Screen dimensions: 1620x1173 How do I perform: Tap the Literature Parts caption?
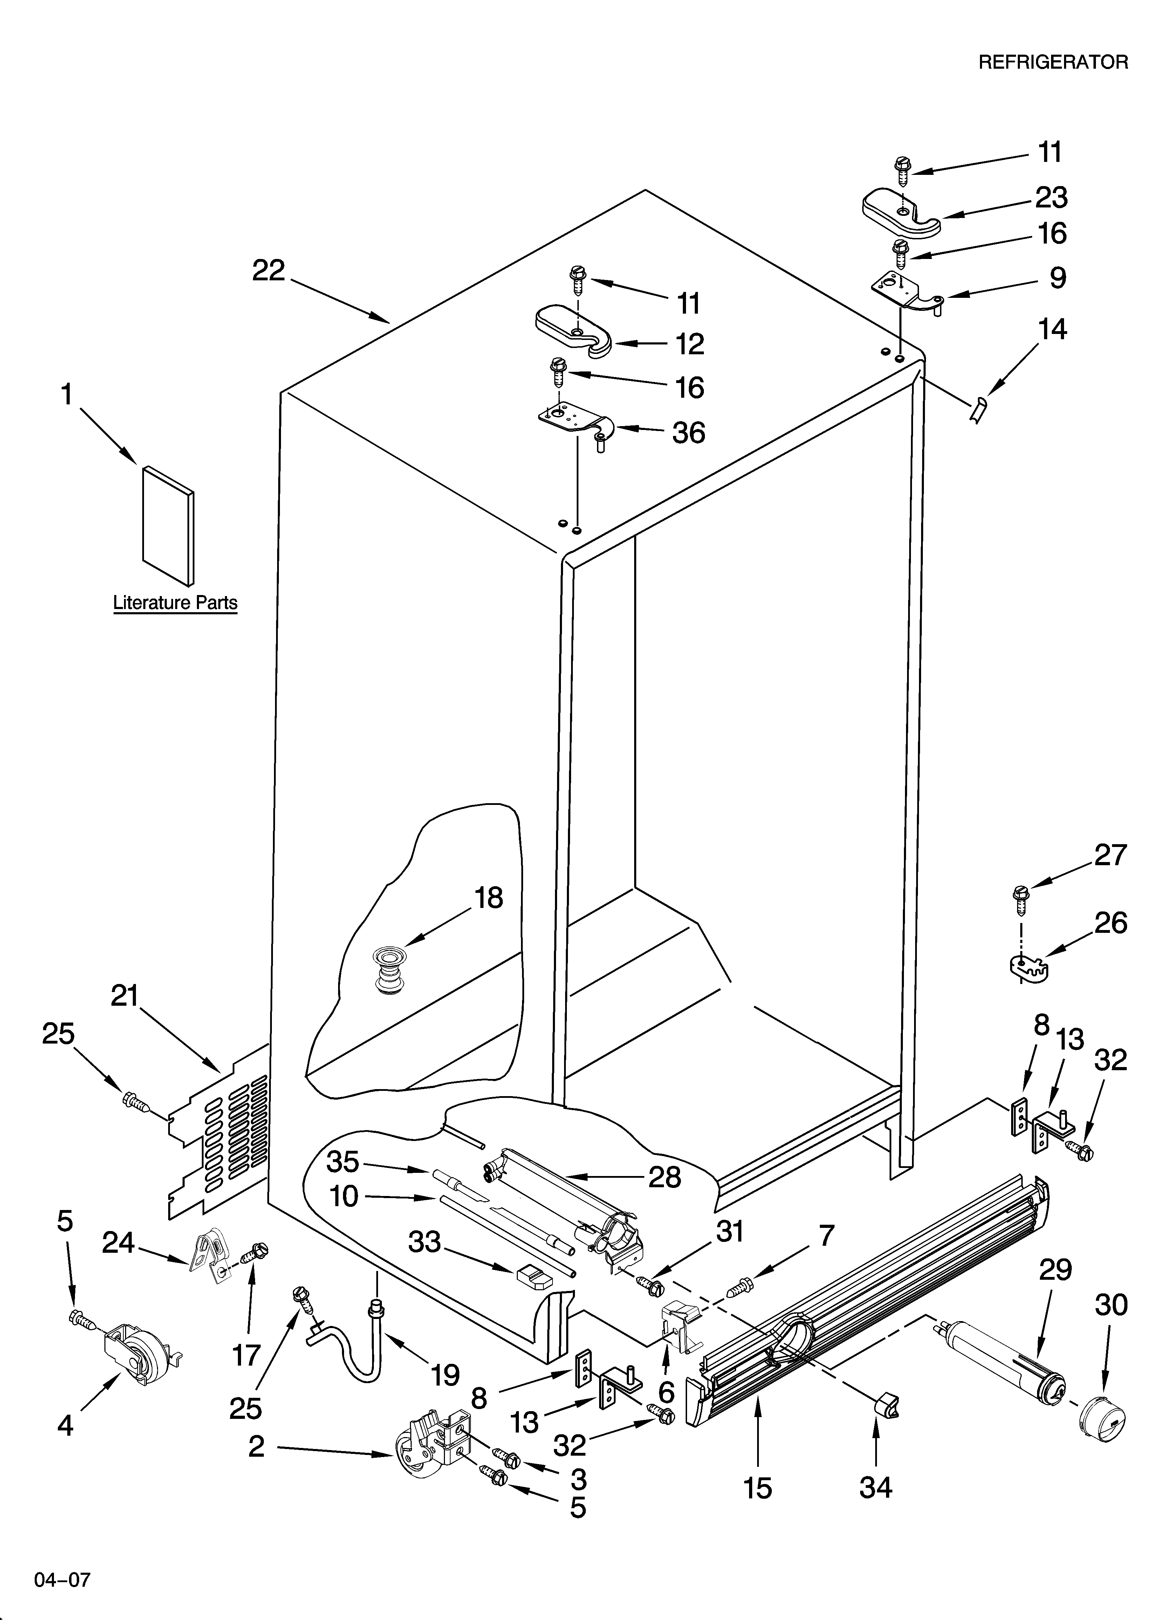click(x=175, y=603)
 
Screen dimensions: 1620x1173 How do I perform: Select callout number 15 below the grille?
click(x=757, y=1488)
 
